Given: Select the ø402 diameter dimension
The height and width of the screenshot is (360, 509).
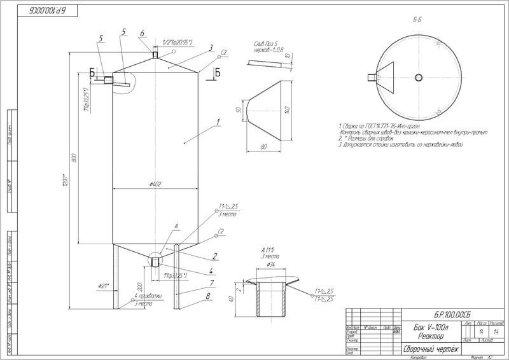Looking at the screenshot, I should pyautogui.click(x=156, y=184).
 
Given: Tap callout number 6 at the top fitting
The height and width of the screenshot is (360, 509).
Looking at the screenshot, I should pyautogui.click(x=143, y=33).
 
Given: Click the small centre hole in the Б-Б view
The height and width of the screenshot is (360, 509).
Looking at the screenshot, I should pyautogui.click(x=418, y=78).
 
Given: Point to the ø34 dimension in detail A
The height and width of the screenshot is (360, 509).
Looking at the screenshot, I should pyautogui.click(x=270, y=265).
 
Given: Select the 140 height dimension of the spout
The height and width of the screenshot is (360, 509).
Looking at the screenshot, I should pyautogui.click(x=288, y=110).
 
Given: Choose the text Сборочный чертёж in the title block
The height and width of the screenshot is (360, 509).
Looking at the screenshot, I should pyautogui.click(x=428, y=349).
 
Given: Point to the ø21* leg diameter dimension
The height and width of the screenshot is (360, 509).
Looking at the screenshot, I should pyautogui.click(x=104, y=285).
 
